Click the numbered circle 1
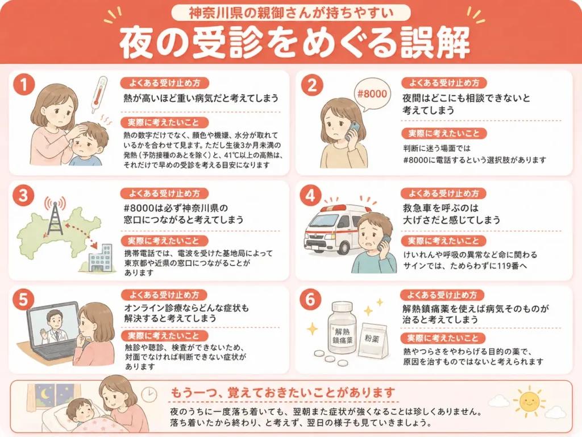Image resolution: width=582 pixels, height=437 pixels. click(x=24, y=84)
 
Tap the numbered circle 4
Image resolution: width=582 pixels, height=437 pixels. click(x=311, y=196)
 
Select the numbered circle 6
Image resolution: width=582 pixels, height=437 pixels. click(x=311, y=299)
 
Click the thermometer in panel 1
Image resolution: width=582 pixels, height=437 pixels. click(x=98, y=94)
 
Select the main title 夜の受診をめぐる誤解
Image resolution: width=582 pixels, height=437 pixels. click(x=294, y=43)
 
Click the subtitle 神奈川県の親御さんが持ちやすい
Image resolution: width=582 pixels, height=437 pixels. click(x=291, y=13)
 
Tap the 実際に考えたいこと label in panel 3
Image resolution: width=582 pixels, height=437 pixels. click(x=164, y=241)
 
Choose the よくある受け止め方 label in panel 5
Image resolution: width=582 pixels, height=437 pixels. click(x=164, y=295)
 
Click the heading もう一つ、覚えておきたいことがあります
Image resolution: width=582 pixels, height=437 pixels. click(x=282, y=393)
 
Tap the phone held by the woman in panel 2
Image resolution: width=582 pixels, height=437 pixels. click(x=352, y=130)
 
